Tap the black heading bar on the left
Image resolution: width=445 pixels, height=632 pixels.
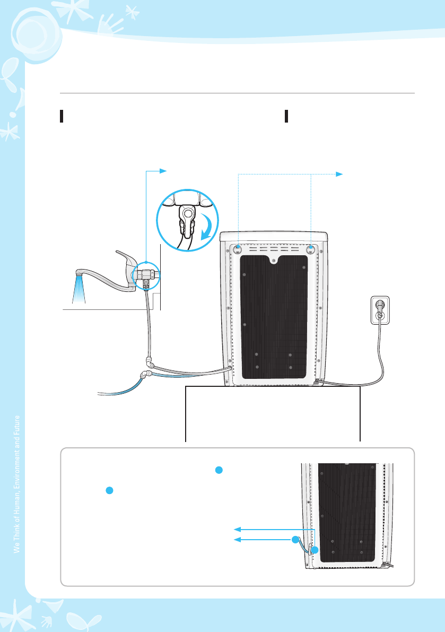pyautogui.click(x=62, y=116)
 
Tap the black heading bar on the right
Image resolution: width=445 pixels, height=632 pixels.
pyautogui.click(x=286, y=116)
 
